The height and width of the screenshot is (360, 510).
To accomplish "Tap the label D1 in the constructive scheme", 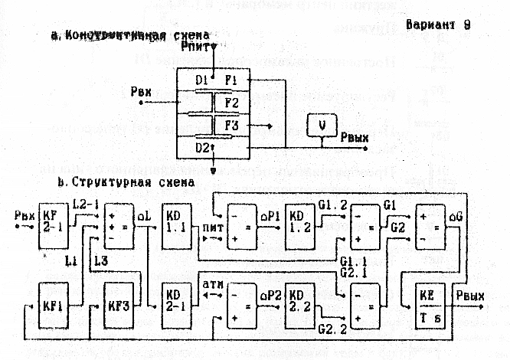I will pyautogui.click(x=202, y=80).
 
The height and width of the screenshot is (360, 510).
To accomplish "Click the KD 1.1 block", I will pyautogui.click(x=175, y=222).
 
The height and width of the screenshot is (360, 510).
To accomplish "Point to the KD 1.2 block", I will pyautogui.click(x=299, y=222).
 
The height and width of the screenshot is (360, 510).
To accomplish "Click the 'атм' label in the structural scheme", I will pyautogui.click(x=210, y=286).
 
